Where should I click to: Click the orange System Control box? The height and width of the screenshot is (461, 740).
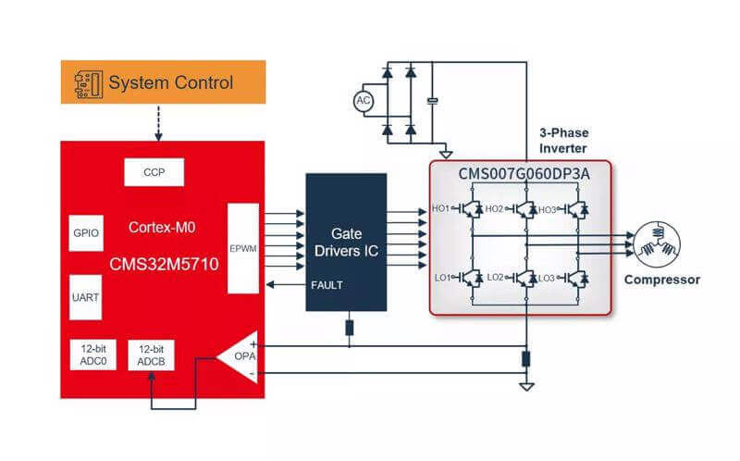pos(162,82)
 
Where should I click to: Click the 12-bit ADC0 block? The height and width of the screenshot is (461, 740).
pos(93,355)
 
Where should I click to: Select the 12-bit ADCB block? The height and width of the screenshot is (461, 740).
pos(151,355)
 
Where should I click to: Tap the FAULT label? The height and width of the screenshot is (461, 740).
pos(327,285)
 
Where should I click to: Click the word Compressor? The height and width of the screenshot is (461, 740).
pos(661,280)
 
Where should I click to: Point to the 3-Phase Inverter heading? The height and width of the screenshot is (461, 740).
pos(563,140)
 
